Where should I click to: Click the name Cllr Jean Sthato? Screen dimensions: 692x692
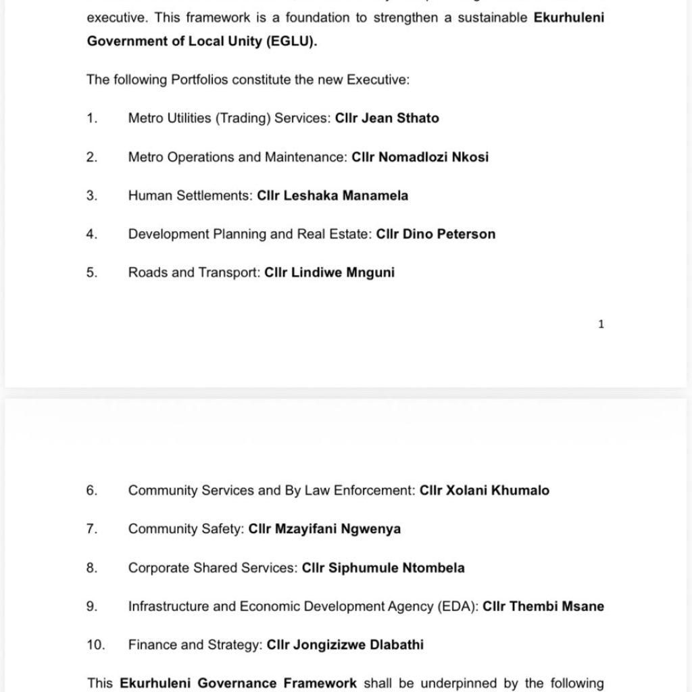[387, 118]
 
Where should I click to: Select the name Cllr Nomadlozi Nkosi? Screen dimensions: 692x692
[420, 157]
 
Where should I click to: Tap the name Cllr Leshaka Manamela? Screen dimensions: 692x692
[332, 196]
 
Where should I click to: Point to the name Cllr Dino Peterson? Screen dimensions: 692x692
[435, 234]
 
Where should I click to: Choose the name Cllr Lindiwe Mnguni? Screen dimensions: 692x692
[329, 273]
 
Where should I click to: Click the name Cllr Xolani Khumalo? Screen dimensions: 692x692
[484, 491]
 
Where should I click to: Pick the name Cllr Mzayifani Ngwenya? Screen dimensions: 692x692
[324, 529]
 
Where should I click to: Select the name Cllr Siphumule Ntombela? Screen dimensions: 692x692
[383, 568]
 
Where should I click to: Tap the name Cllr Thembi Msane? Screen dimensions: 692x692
[543, 607]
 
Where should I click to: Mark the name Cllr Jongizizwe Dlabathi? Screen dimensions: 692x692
[345, 645]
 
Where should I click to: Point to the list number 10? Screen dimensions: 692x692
[95, 645]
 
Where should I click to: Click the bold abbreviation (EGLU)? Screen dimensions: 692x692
[291, 41]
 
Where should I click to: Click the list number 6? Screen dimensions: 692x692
[92, 491]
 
